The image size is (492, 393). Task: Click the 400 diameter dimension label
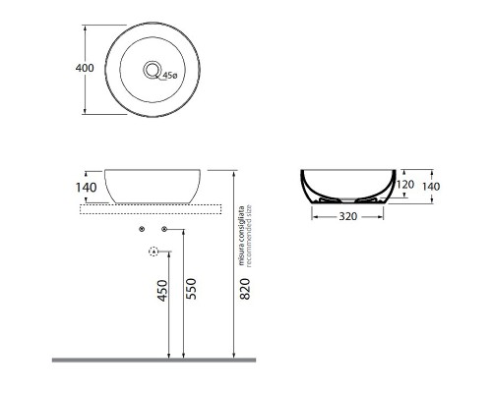tap(85, 68)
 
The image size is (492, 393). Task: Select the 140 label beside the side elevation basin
tap(85, 186)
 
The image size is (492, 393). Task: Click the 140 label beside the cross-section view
tap(429, 185)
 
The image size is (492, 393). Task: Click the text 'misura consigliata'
tap(239, 232)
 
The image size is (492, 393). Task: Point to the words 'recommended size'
tap(248, 232)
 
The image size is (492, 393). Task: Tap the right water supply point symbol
tap(163, 229)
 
